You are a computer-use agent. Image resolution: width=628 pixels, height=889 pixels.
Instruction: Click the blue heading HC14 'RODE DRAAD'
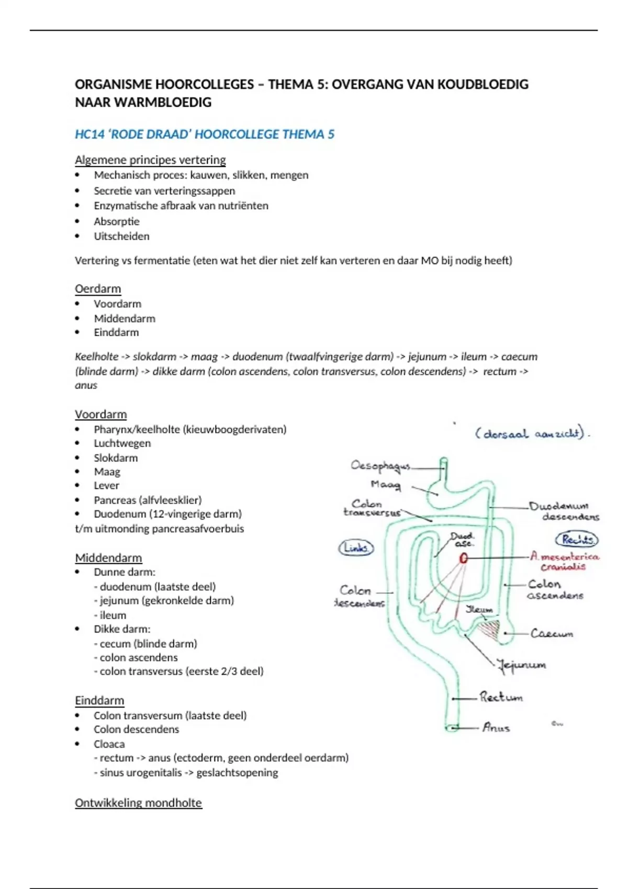point(204,134)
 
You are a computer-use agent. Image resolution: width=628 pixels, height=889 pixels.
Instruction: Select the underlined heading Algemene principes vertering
point(150,159)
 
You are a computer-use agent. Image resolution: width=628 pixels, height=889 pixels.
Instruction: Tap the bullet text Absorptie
point(116,221)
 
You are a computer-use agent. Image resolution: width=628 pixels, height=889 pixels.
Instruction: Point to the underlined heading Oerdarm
point(98,289)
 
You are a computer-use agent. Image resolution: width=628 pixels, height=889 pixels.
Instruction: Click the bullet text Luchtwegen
point(122,443)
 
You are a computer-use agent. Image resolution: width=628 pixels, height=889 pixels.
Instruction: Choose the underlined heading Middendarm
point(108,557)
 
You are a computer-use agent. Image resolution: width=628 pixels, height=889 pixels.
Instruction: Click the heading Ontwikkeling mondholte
point(138,803)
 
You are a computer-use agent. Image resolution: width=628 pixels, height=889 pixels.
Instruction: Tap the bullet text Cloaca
point(109,744)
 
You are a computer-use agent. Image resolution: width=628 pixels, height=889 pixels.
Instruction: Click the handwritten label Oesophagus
point(380,465)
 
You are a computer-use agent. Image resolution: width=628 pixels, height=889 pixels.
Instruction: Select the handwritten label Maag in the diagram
point(386,485)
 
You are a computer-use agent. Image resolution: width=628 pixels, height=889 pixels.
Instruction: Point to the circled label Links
point(356,548)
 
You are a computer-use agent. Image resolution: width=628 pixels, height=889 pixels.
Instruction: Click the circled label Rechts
point(577,539)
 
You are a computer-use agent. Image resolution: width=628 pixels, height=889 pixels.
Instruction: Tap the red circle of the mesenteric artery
point(463,559)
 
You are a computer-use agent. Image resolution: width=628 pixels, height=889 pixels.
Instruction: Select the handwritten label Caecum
point(552,634)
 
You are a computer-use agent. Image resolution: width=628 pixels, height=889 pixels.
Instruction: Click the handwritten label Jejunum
point(522,665)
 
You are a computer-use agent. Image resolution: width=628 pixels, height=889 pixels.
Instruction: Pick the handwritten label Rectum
point(501,697)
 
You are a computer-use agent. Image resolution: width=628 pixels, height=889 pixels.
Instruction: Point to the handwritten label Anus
point(496,727)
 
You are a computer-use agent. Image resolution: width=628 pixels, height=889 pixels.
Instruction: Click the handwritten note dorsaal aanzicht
point(532,434)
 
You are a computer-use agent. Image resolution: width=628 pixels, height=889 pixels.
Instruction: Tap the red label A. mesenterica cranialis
point(564,562)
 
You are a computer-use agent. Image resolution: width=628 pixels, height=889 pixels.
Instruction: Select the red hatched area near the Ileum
point(489,628)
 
